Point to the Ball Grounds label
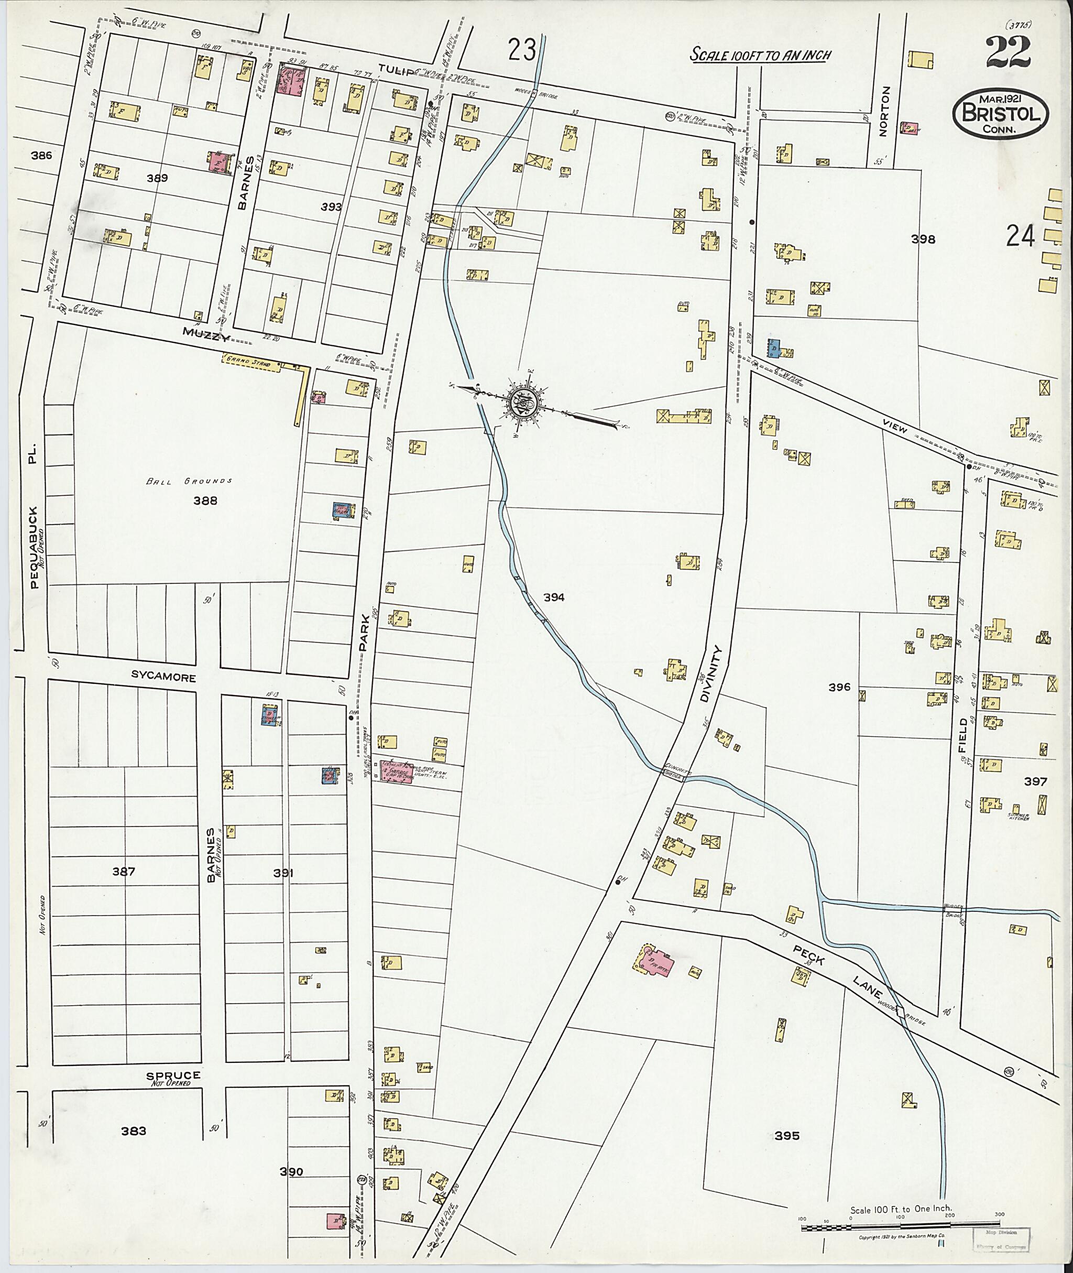[x=189, y=481]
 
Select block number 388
[x=205, y=501]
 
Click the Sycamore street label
[x=163, y=677]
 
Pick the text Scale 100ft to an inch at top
[x=760, y=55]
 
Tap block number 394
[x=554, y=597]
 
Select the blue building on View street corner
[x=774, y=347]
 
